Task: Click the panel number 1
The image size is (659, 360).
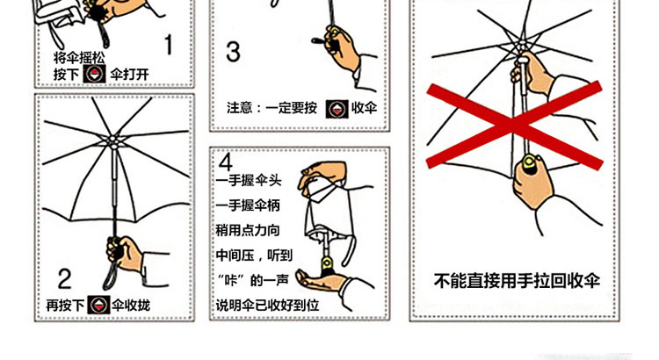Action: click(169, 45)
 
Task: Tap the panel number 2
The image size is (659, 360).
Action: click(64, 279)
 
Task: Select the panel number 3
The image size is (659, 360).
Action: click(233, 52)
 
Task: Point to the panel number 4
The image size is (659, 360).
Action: click(225, 162)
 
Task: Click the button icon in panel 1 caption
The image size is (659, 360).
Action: click(94, 74)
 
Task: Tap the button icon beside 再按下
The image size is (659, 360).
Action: click(98, 305)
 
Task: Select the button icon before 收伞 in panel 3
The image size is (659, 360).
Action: click(337, 109)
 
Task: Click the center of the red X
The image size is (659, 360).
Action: click(515, 126)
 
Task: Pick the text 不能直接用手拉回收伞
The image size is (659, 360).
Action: click(517, 281)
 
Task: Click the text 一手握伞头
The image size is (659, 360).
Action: click(249, 181)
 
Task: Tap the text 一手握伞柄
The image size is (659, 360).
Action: click(248, 205)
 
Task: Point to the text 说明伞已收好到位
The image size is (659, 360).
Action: click(267, 305)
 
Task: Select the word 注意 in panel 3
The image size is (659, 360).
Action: click(240, 108)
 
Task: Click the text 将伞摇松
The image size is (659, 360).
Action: click(79, 58)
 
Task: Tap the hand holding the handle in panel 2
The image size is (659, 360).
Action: click(126, 253)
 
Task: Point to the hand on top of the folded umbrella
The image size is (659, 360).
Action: click(322, 176)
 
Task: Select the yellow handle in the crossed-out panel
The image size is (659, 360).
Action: click(529, 165)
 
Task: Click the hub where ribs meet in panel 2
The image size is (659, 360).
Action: click(113, 140)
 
